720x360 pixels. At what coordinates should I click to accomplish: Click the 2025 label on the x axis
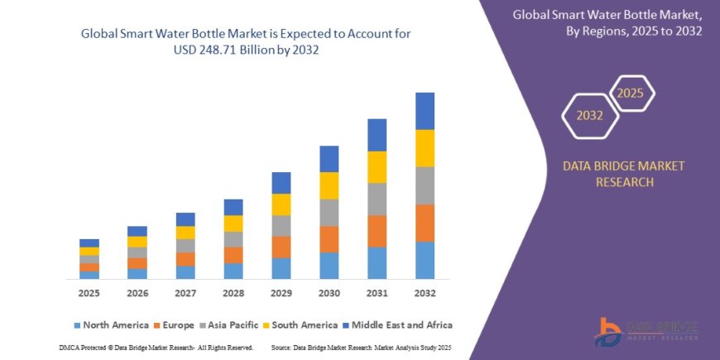click(x=89, y=293)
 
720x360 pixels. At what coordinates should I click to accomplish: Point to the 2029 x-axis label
click(x=281, y=293)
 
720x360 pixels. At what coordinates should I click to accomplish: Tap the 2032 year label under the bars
click(x=425, y=293)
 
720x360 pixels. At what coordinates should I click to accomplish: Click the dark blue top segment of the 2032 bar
click(x=425, y=111)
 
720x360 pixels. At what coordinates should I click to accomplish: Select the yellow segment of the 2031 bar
click(x=377, y=167)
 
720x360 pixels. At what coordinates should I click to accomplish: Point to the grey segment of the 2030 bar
click(x=329, y=213)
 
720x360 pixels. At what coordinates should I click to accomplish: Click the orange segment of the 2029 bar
click(x=281, y=247)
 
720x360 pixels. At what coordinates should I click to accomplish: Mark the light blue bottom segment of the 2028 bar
click(x=233, y=271)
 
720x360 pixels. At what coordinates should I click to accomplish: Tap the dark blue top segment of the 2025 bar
click(x=89, y=242)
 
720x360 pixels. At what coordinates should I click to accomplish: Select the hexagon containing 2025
click(x=631, y=93)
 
